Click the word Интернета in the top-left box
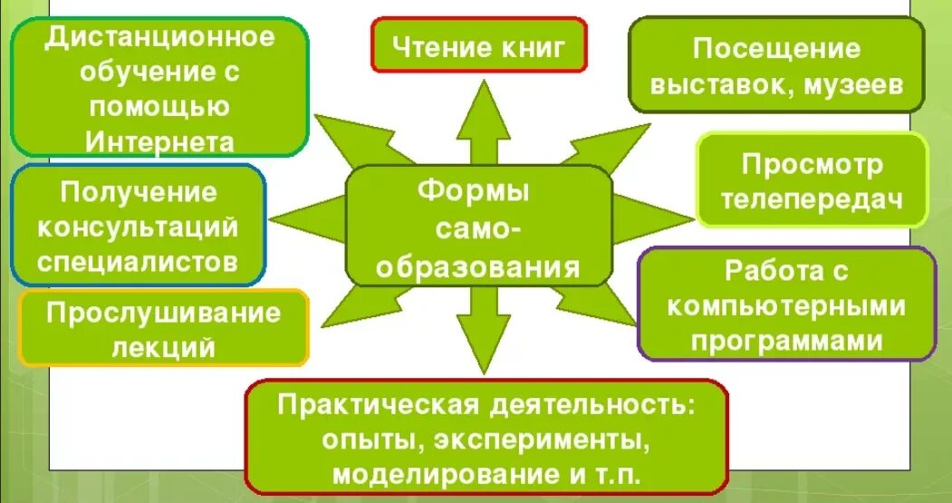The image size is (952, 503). (160, 141)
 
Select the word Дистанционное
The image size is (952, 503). (160, 38)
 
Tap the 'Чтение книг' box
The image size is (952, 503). (478, 44)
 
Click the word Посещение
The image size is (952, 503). (776, 48)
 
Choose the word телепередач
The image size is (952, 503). (813, 201)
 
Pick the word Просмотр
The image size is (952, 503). (813, 165)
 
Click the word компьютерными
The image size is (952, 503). (786, 305)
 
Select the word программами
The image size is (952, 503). (786, 340)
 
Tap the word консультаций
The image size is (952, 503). (139, 227)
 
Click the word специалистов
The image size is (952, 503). (139, 262)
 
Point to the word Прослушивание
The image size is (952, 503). (164, 314)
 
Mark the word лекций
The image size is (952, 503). (164, 347)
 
